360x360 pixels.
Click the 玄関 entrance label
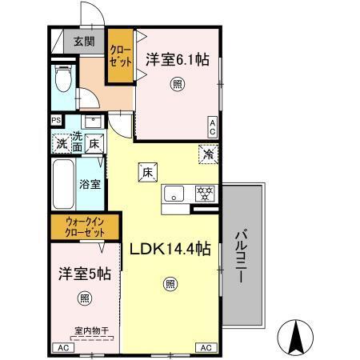[83, 41]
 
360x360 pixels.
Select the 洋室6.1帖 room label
[174, 58]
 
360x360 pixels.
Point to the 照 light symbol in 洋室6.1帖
[175, 82]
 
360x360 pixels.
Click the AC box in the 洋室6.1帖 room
[213, 126]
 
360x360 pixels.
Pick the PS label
[56, 121]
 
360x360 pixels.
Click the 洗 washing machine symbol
[61, 144]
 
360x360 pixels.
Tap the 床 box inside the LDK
[147, 170]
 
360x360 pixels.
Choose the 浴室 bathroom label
[90, 184]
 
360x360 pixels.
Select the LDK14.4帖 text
[170, 249]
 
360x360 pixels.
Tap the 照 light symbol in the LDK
[170, 282]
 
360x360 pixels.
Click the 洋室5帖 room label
[83, 274]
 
